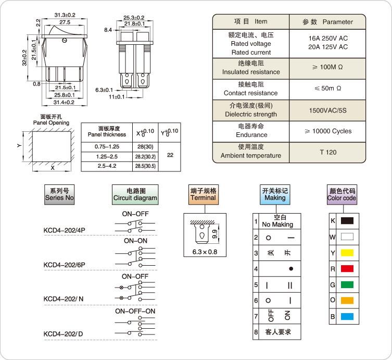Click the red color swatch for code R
[347, 268]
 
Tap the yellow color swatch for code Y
[347, 253]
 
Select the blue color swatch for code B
[347, 316]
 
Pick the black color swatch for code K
[347, 221]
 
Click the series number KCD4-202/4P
[65, 230]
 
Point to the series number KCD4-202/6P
[65, 265]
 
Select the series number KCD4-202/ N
[63, 299]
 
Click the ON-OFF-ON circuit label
[135, 311]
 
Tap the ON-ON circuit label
[135, 241]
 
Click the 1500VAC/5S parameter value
[328, 110]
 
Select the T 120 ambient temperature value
[328, 152]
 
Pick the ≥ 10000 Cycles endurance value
[328, 131]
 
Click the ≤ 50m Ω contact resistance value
[328, 89]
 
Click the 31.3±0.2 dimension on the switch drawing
[64, 16]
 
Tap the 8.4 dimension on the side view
[108, 31]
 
